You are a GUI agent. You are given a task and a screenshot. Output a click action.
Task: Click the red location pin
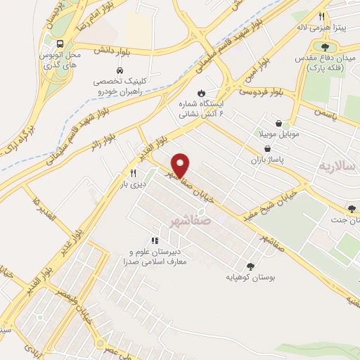pos(181,165)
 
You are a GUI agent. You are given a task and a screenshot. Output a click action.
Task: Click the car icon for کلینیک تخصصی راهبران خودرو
pos(120,71)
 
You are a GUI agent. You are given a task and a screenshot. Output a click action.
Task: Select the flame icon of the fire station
pos(202,92)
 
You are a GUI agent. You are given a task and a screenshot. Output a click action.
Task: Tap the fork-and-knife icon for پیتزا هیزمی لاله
pos(321,16)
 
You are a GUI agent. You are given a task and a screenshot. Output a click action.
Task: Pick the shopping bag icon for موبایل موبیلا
pos(279,122)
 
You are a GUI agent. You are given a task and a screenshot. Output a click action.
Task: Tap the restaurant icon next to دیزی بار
pos(132,172)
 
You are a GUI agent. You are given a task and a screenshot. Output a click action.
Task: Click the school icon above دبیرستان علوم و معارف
pos(155,240)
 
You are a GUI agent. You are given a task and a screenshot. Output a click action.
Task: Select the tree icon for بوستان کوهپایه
pos(250,266)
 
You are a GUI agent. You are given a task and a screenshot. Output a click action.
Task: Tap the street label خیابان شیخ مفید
pos(273,201)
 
